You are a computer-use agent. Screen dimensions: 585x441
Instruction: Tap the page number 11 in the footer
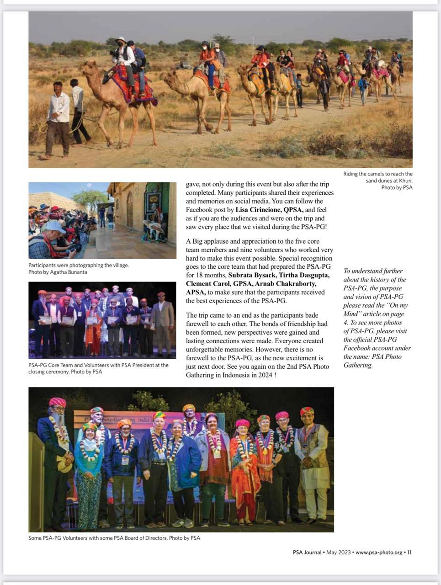click(x=409, y=552)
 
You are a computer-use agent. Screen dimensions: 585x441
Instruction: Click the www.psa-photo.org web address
click(x=379, y=552)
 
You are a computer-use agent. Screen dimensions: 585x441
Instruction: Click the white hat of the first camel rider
click(x=122, y=40)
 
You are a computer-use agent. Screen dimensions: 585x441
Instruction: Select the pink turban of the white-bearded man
click(x=58, y=402)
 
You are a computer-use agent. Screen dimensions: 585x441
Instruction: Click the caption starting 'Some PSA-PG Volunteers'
click(x=114, y=538)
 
